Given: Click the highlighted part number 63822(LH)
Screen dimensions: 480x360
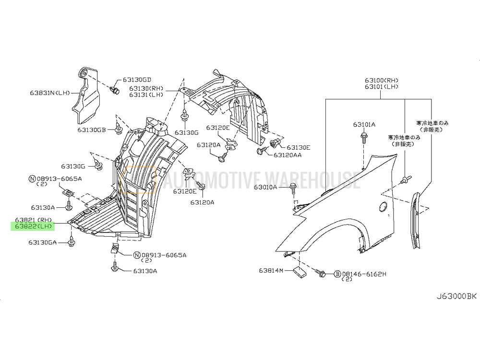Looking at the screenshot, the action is pyautogui.click(x=33, y=227).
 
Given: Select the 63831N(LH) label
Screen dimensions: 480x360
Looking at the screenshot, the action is pyautogui.click(x=50, y=93).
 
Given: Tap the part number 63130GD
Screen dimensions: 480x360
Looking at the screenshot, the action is pyautogui.click(x=137, y=80).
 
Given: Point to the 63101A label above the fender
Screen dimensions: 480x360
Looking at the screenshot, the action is pyautogui.click(x=364, y=125).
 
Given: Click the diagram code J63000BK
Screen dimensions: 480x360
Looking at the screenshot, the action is pyautogui.click(x=456, y=296).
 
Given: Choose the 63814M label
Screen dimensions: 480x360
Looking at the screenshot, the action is pyautogui.click(x=271, y=271).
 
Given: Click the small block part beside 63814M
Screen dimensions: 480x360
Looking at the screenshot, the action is pyautogui.click(x=300, y=272).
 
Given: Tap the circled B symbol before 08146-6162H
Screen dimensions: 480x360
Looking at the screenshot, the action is pyautogui.click(x=337, y=274).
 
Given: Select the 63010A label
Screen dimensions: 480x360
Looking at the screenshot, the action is pyautogui.click(x=265, y=187).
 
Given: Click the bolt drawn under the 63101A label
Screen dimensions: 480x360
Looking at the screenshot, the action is pyautogui.click(x=364, y=138).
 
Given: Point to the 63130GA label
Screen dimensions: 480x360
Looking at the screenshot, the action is pyautogui.click(x=43, y=242).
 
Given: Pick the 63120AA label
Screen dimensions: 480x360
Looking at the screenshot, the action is pyautogui.click(x=288, y=155).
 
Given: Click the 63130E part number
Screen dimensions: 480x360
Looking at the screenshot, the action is pyautogui.click(x=299, y=148).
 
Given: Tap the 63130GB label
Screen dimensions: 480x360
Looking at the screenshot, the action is pyautogui.click(x=92, y=130).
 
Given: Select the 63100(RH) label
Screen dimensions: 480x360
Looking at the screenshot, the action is pyautogui.click(x=382, y=81).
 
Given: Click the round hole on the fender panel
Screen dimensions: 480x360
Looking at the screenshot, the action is pyautogui.click(x=382, y=206).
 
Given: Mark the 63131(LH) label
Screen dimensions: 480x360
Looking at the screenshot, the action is pyautogui.click(x=146, y=95).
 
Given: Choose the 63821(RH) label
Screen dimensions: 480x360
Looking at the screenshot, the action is pyautogui.click(x=33, y=220).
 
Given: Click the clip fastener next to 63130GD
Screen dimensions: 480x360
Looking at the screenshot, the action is pyautogui.click(x=115, y=90).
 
